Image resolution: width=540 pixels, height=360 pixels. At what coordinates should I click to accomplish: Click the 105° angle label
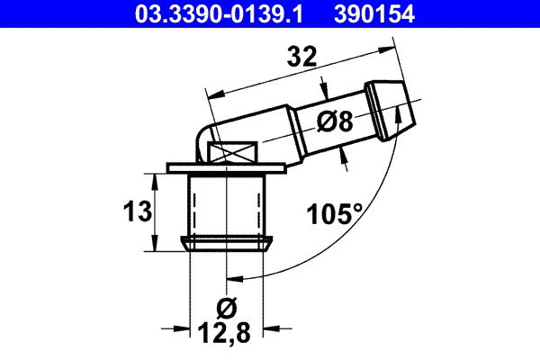335,213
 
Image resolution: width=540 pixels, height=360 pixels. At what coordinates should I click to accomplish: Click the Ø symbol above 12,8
227,308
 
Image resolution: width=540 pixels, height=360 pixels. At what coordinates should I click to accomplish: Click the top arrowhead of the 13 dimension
157,181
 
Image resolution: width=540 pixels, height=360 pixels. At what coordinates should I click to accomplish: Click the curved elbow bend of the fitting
206,135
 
